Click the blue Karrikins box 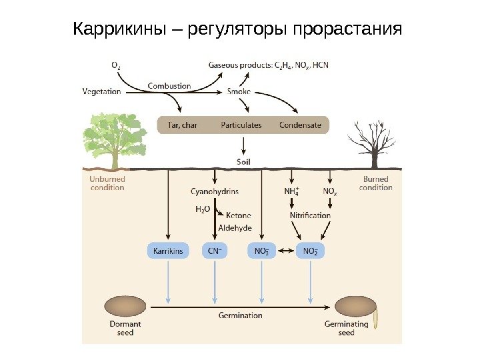coord(168,251)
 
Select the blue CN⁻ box coord(215,251)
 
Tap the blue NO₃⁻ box coord(262,251)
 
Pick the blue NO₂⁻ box coord(310,251)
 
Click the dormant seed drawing coord(125,306)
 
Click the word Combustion coord(169,86)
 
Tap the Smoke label coord(239,91)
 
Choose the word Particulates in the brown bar coord(241,125)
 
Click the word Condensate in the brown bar coord(300,125)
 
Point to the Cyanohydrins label coord(215,192)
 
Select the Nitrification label coord(310,215)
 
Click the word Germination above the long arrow coord(241,315)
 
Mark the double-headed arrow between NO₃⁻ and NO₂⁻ coord(286,251)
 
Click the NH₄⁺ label coord(292,192)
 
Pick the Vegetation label coord(102,91)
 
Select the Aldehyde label coord(235,228)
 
